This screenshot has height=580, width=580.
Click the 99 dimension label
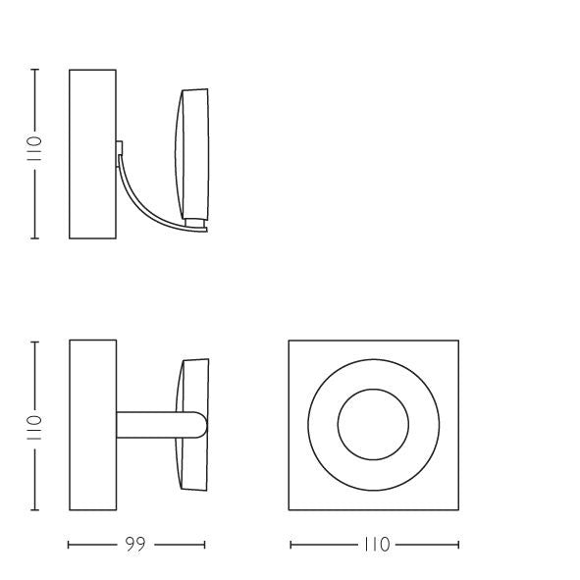tap(135, 544)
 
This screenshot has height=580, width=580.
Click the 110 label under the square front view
tap(377, 545)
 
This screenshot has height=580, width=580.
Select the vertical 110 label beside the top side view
tap(34, 148)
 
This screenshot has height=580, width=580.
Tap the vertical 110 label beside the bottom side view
tap(34, 428)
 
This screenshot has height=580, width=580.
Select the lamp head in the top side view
tap(191, 154)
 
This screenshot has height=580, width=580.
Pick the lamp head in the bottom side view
tap(192, 425)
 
